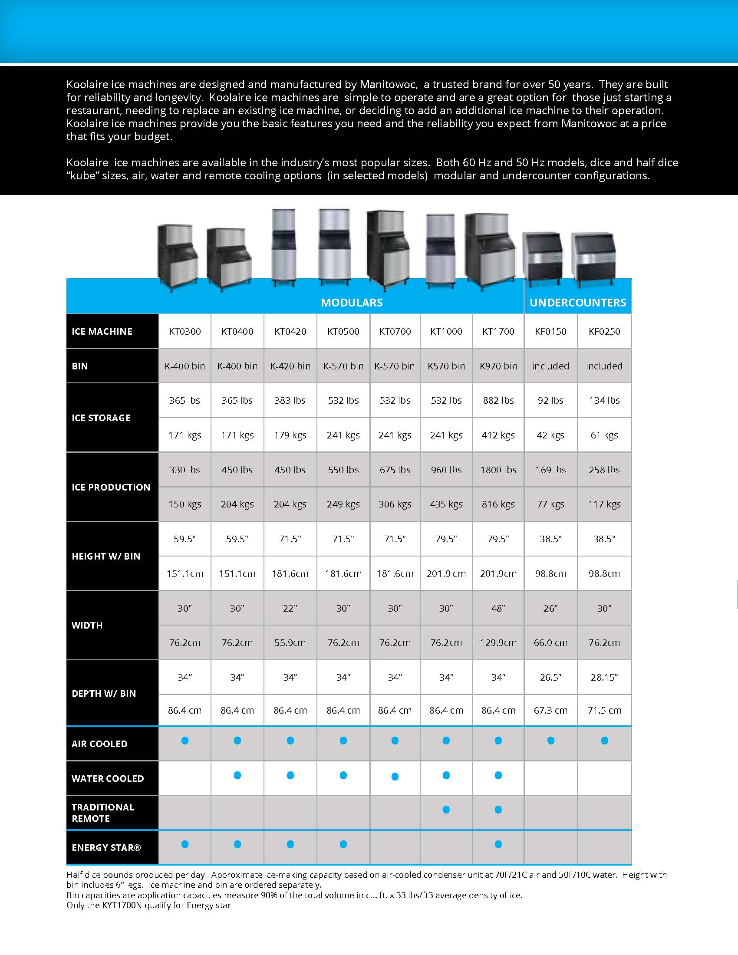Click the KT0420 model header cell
coord(290,332)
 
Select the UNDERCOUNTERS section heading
coord(577,303)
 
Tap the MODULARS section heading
coord(352,303)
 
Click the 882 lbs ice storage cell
coord(498,401)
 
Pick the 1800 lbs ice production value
coord(498,470)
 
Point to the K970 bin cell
coord(498,366)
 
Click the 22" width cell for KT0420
coord(290,608)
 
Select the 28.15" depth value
coord(604,677)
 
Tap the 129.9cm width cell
coord(498,643)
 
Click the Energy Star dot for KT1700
coord(498,844)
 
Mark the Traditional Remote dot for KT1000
coord(446,810)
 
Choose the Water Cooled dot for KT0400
coord(237,775)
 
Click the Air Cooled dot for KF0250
coord(604,740)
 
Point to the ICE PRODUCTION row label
coord(111,487)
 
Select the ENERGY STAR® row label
coord(106,847)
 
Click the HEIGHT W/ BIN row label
coord(106,556)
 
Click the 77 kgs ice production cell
coord(550,504)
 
